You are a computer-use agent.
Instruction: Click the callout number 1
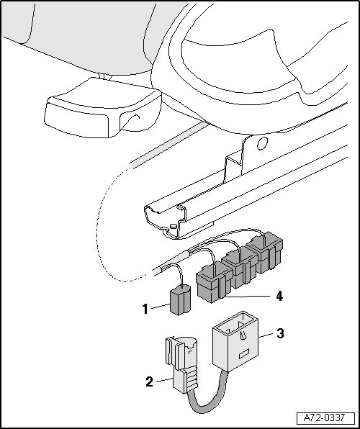(145, 310)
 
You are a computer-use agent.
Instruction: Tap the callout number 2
(150, 381)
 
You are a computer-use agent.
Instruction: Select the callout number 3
(280, 333)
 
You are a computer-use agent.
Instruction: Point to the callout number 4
(279, 296)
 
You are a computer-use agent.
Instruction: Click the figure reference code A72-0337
(325, 417)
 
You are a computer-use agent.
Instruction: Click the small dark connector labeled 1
(180, 300)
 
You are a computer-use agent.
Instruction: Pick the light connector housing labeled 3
(235, 341)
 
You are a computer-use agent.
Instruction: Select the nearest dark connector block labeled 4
(214, 282)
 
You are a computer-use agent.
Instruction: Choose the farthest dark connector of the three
(265, 252)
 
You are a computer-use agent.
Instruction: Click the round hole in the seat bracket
(262, 143)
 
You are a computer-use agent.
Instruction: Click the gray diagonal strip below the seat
(169, 145)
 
